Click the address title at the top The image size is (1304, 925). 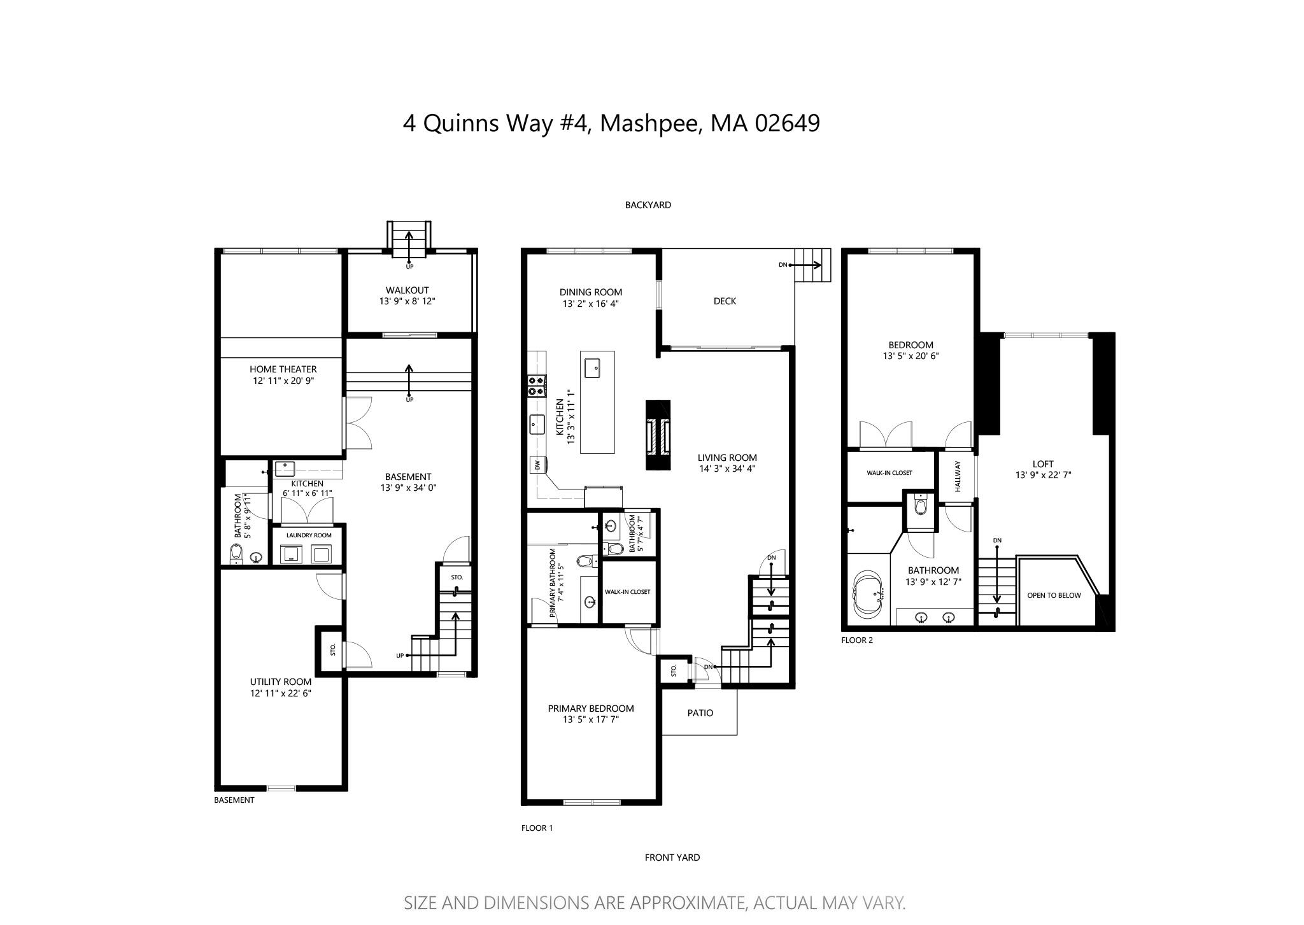click(611, 123)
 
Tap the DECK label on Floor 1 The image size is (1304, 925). click(724, 301)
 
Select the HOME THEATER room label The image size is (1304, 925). click(283, 369)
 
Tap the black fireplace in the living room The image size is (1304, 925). click(658, 435)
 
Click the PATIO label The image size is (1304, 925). click(700, 713)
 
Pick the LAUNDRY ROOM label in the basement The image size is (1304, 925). click(308, 535)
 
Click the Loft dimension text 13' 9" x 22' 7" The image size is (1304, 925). click(1043, 475)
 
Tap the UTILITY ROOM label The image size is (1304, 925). click(280, 682)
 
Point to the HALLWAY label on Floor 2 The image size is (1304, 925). click(957, 476)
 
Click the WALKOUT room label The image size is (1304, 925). click(407, 290)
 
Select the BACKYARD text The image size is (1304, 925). click(648, 205)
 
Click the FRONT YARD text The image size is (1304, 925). click(672, 858)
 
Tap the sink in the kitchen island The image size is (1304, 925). click(593, 367)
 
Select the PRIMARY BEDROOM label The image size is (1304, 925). click(590, 709)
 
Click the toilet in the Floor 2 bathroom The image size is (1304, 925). click(919, 506)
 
